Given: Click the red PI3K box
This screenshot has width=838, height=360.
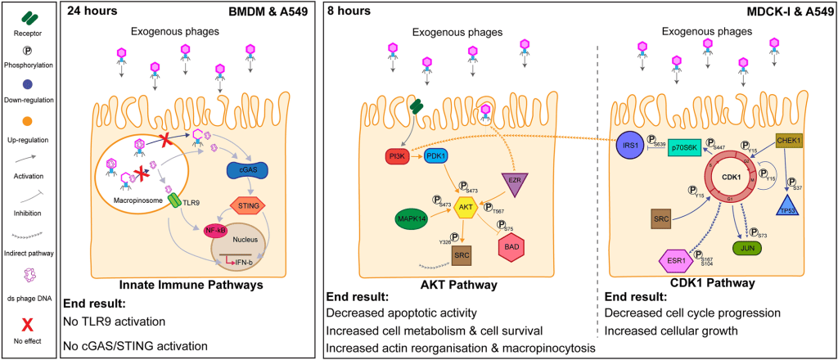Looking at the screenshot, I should click(x=399, y=155).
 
